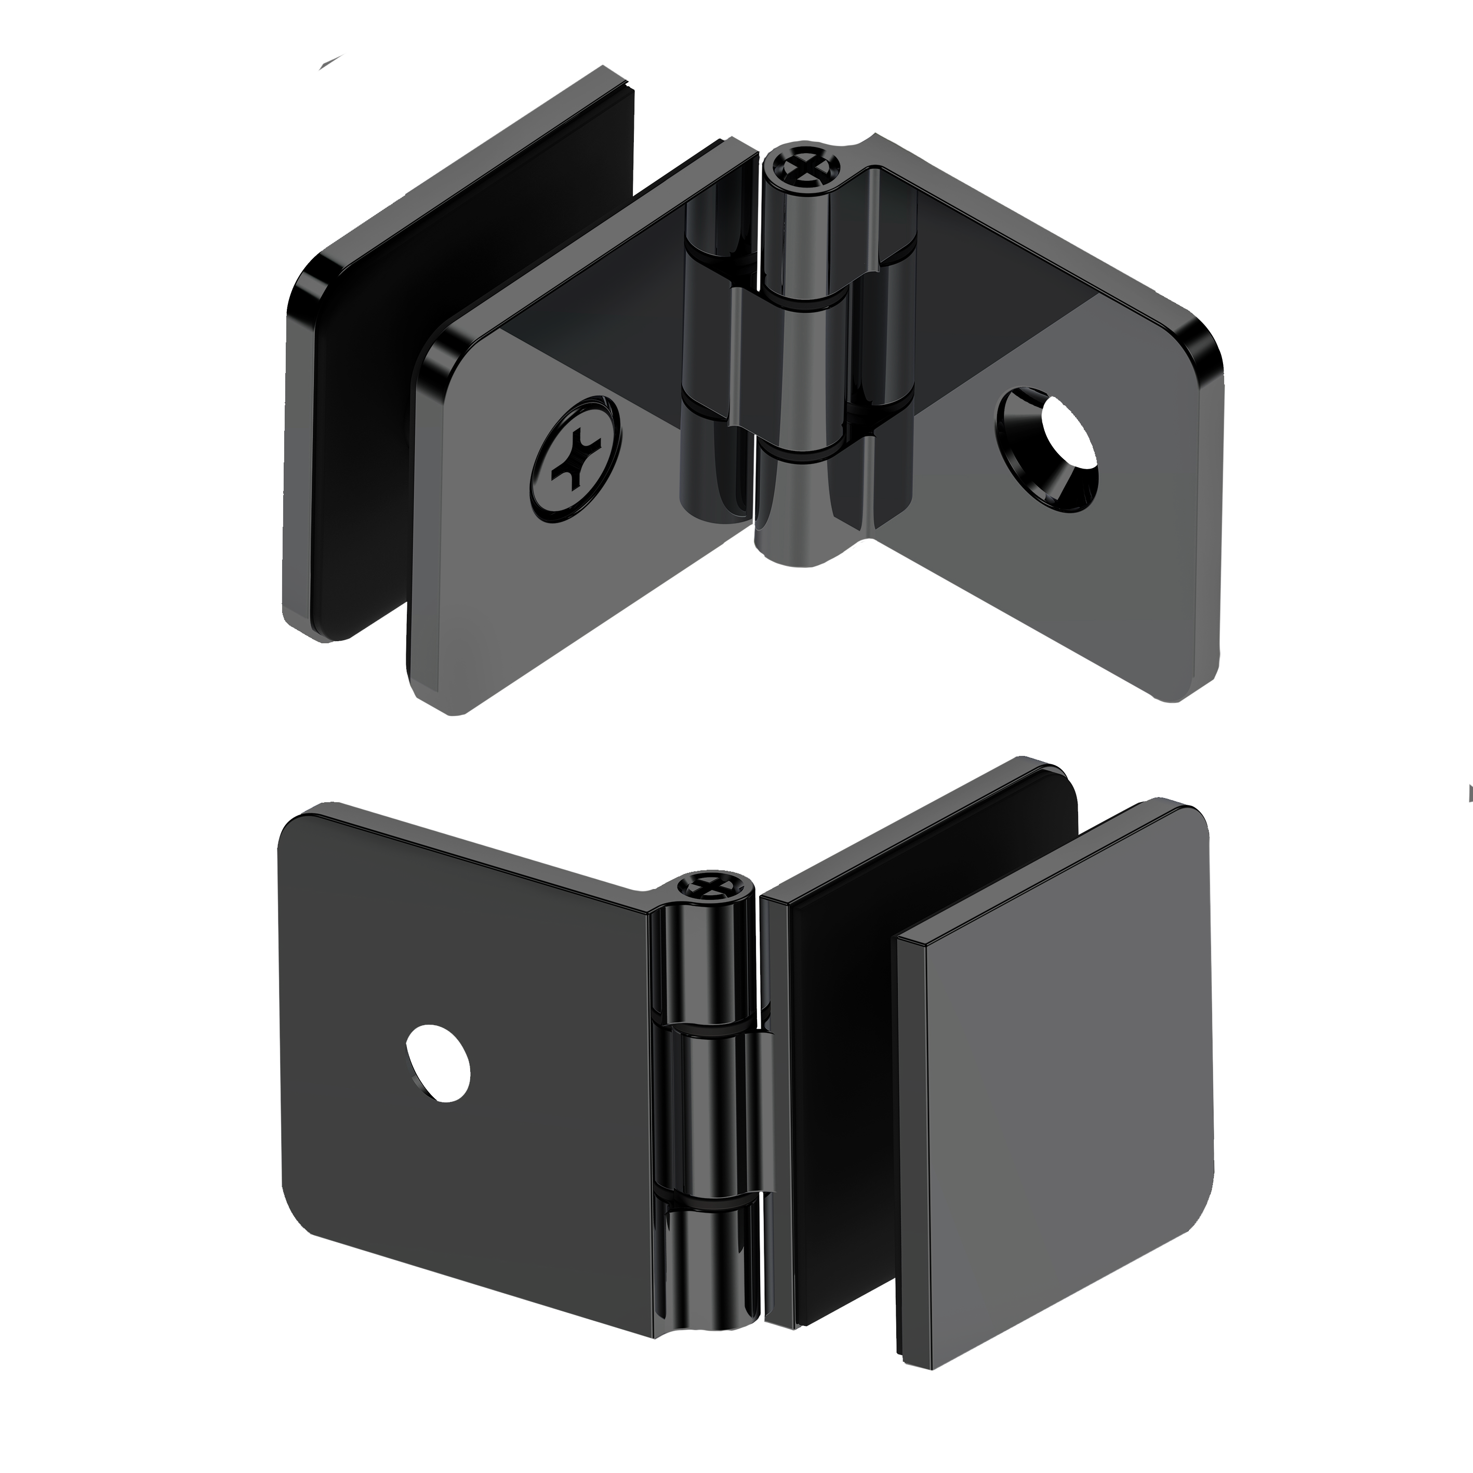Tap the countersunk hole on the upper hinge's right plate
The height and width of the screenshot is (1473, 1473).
click(1049, 450)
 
